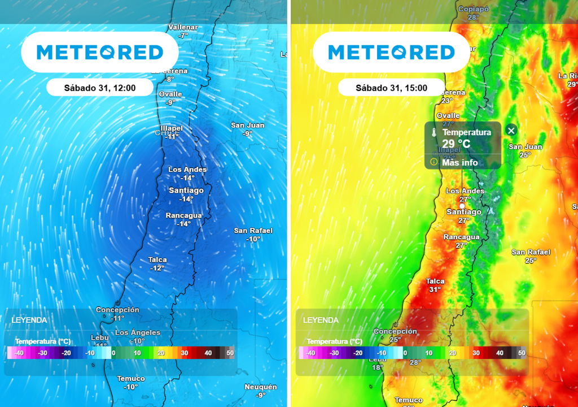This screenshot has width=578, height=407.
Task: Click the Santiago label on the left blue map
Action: coord(186,191)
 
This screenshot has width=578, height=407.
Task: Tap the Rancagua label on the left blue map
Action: coord(184,216)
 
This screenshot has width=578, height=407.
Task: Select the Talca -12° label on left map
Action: coord(157,263)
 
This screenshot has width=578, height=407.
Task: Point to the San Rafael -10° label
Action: coord(253,235)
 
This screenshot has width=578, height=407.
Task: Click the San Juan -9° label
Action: coord(248,129)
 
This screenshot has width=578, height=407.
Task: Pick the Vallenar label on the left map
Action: coord(183,28)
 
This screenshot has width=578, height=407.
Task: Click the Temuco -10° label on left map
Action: coord(131,383)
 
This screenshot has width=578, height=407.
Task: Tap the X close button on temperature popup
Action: coord(511,131)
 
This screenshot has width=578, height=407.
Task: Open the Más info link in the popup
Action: coord(459,162)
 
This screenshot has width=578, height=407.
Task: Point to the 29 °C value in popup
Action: coord(456,144)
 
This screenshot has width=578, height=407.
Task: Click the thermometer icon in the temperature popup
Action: coord(434,132)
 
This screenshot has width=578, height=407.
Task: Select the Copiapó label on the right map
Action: coord(473,9)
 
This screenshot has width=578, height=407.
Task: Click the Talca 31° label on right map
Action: coord(435,285)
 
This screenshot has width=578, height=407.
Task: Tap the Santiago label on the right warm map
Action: coord(465,212)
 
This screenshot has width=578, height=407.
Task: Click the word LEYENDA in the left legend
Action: coord(29,320)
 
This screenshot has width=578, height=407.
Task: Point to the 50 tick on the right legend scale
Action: coord(522,353)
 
